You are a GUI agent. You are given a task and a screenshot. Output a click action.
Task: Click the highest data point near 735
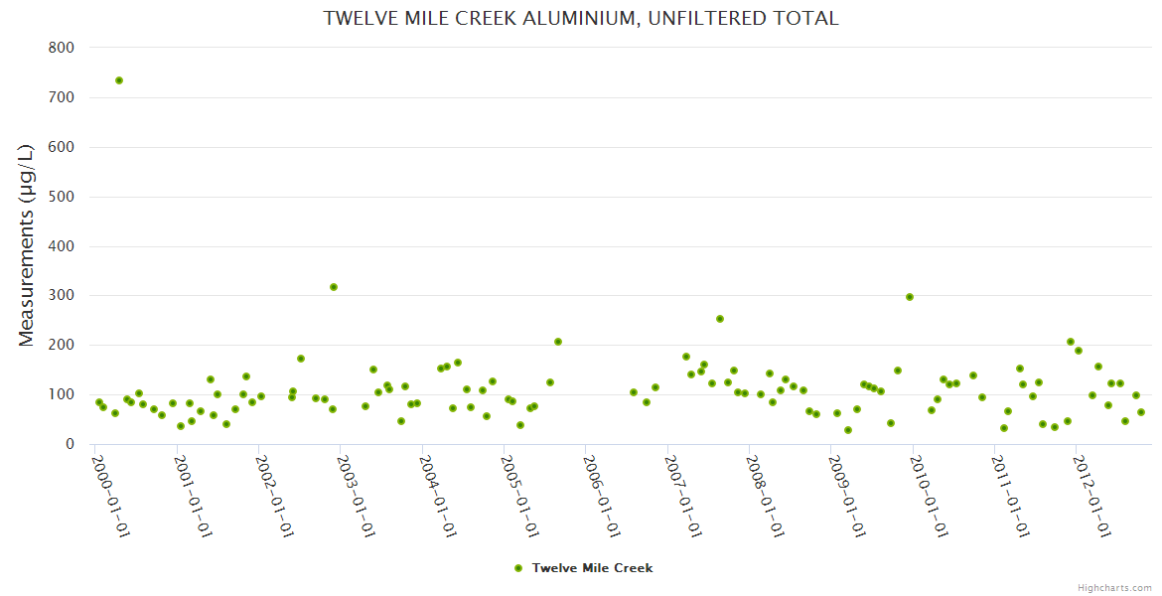119,80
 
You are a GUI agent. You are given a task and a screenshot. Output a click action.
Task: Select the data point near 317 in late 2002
334,287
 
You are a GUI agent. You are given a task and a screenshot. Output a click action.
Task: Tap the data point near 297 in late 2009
910,297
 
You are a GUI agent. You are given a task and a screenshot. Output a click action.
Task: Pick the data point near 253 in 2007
720,319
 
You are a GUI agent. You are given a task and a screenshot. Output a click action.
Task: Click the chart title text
581,18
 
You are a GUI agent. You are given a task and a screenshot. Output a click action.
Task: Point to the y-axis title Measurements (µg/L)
27,244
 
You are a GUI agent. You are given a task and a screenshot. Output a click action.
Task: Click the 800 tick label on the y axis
61,48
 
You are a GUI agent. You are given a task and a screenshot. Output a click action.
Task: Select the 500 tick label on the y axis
61,197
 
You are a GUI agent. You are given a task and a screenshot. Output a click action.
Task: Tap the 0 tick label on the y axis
70,444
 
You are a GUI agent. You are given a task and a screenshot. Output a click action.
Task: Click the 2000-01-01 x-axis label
111,495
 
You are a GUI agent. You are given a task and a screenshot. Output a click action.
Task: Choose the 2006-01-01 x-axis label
603,495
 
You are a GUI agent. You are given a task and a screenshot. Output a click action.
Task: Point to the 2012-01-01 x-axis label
1093,495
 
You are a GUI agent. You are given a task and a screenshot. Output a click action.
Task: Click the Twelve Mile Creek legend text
592,568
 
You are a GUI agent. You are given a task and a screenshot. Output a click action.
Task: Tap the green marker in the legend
517,568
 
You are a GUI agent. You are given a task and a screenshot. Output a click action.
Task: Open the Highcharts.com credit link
1114,587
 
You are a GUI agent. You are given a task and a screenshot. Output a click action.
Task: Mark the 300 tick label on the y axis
61,296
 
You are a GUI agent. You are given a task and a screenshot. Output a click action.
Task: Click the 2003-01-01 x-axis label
357,495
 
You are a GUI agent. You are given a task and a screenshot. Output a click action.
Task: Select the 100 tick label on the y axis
61,394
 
